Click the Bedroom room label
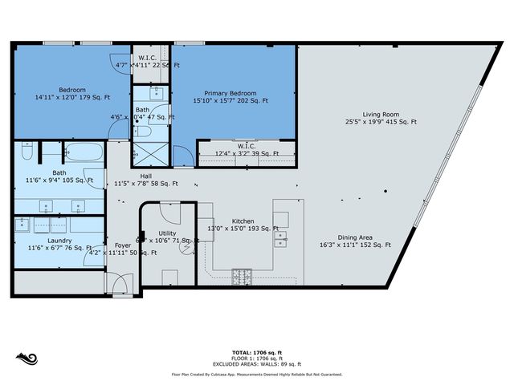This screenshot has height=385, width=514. (x=72, y=89)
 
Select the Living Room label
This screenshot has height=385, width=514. (x=381, y=113)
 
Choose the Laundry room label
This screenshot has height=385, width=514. (x=59, y=241)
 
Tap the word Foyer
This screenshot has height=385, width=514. (x=122, y=245)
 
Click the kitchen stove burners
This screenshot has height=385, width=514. (x=242, y=278)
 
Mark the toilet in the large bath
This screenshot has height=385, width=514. (x=26, y=152)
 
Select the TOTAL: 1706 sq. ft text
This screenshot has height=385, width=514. (x=256, y=351)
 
